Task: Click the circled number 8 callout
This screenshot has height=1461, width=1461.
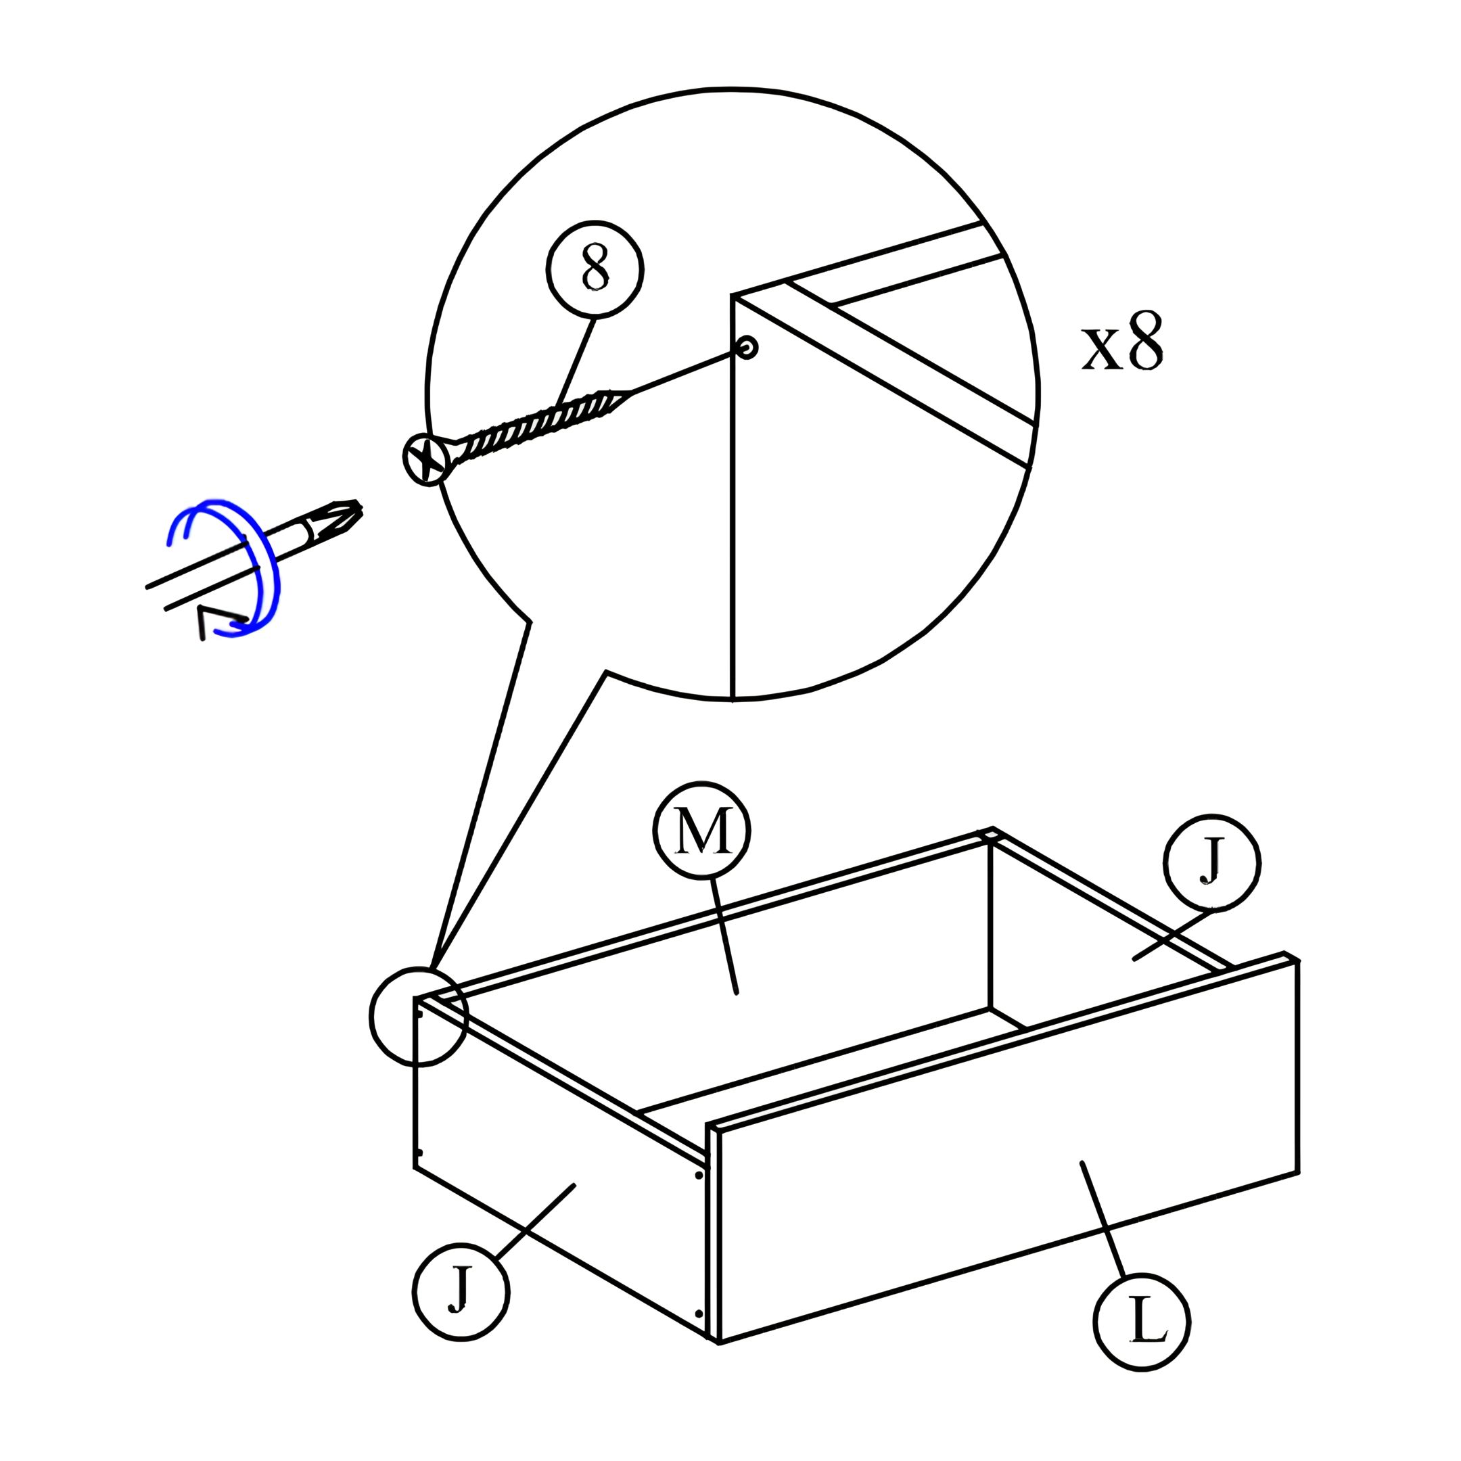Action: pos(595,269)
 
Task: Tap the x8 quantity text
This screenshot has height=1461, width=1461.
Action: pos(1121,344)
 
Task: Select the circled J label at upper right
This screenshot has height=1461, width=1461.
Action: pos(1211,862)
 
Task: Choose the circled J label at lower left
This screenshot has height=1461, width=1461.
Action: pos(461,1293)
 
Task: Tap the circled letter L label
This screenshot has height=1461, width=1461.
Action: pos(1142,1322)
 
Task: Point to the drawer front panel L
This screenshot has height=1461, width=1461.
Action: pos(1006,1149)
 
